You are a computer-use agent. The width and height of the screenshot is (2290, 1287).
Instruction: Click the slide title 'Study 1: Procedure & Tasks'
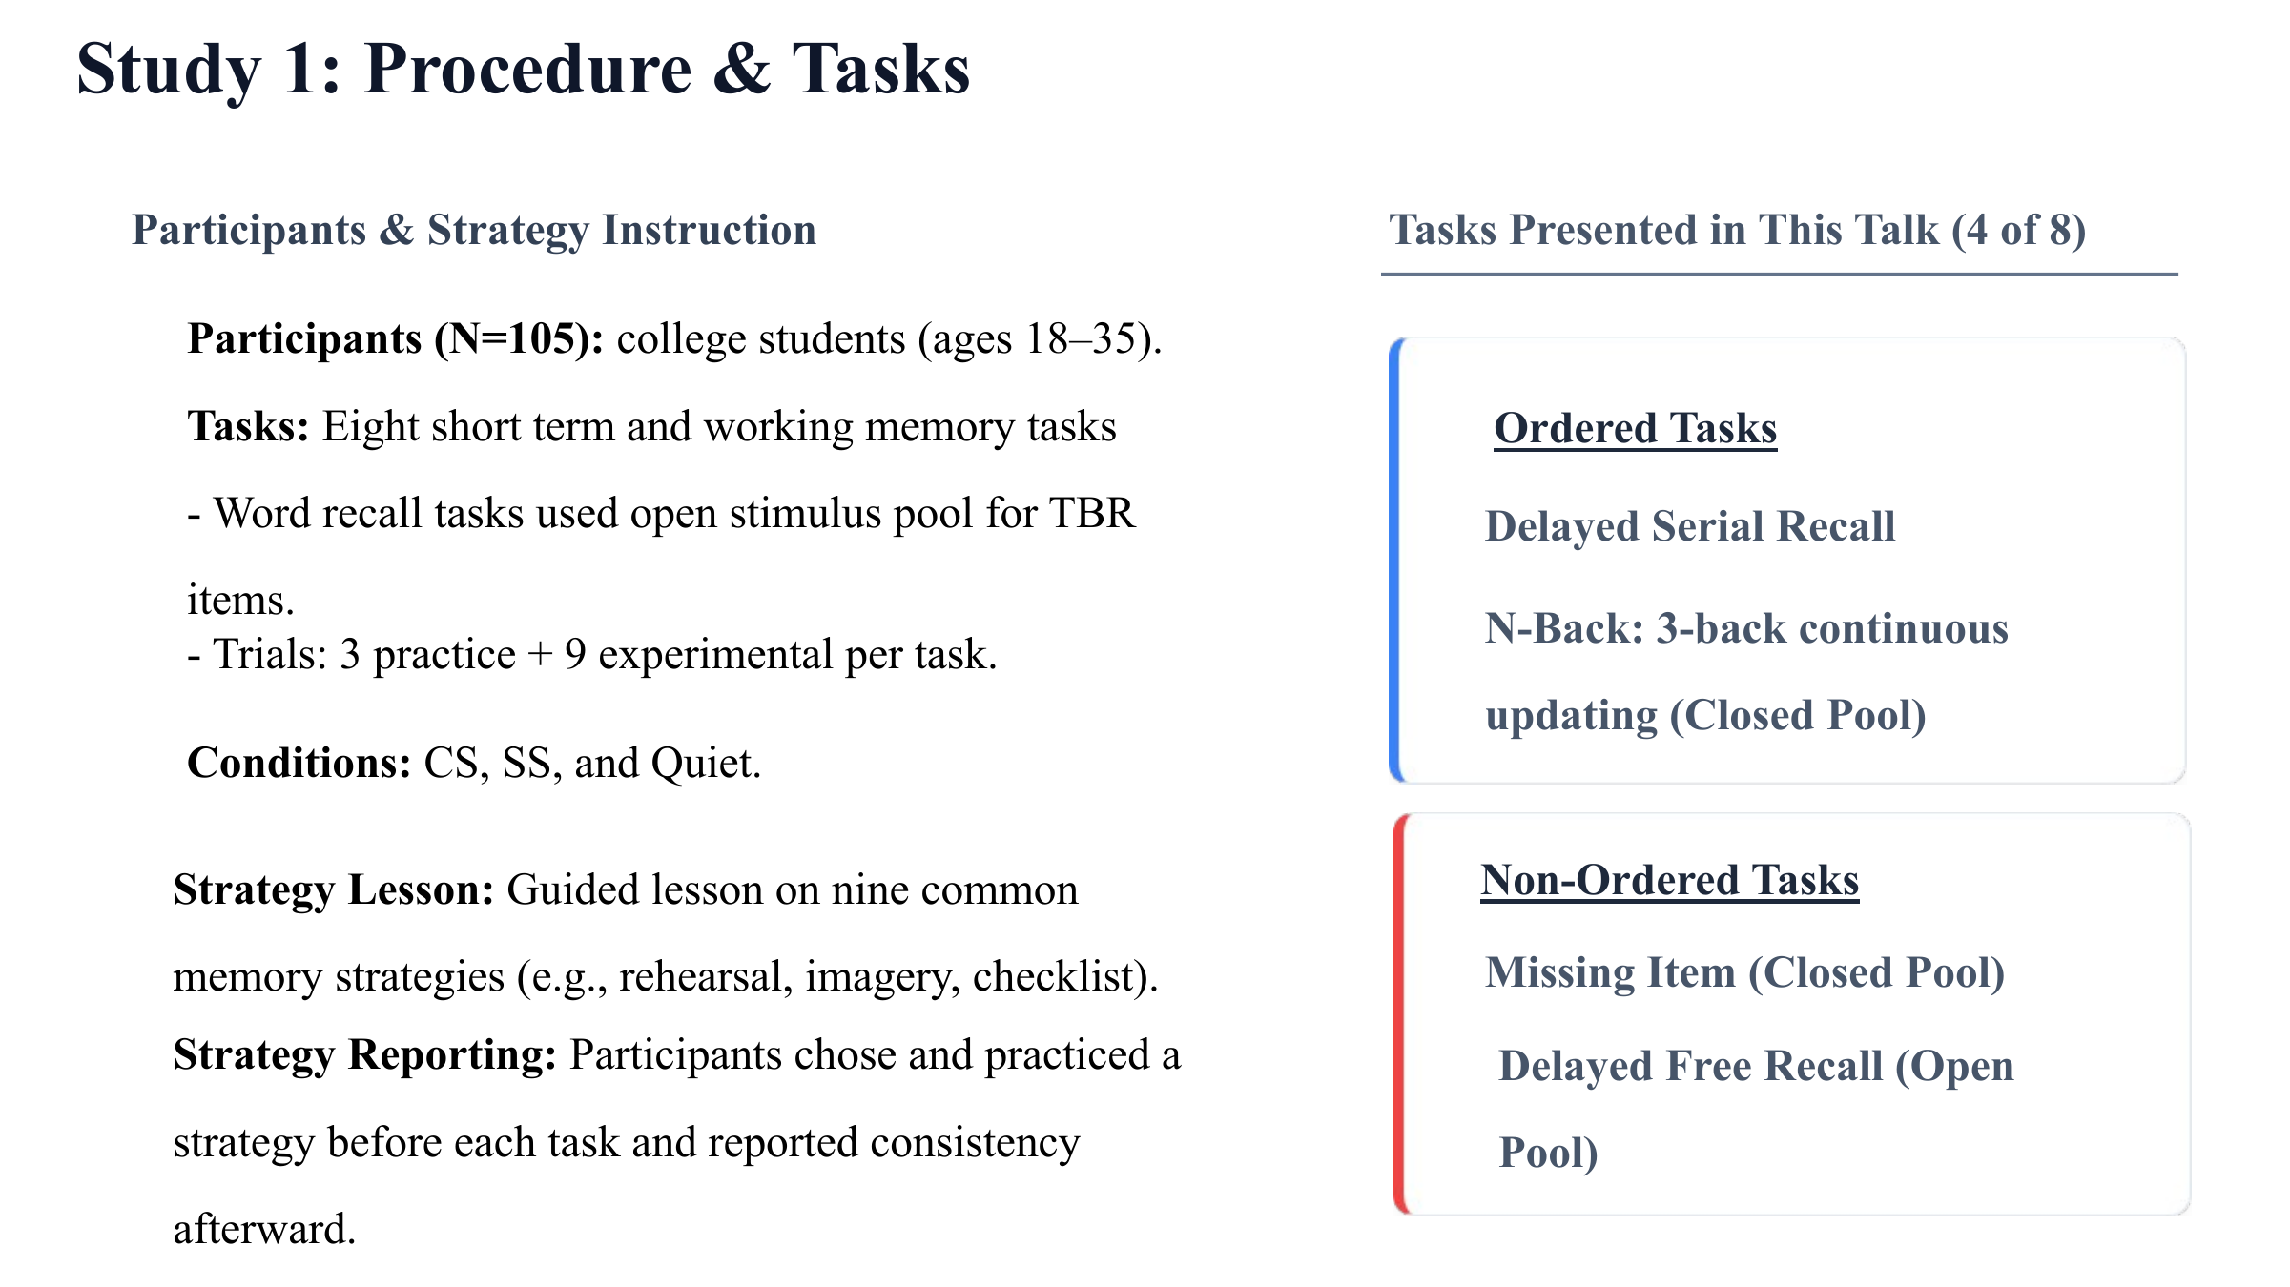pyautogui.click(x=523, y=70)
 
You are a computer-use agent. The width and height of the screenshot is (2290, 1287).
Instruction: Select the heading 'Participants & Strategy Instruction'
pyautogui.click(x=474, y=231)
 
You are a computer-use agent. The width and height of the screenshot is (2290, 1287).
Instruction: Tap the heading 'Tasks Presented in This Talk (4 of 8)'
pyautogui.click(x=1737, y=231)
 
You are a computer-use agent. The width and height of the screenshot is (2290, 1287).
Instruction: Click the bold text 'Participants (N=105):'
pyautogui.click(x=396, y=339)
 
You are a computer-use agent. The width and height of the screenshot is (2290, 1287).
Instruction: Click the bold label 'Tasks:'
pyautogui.click(x=248, y=426)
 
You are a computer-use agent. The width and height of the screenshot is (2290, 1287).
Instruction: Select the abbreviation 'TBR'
pyautogui.click(x=1092, y=514)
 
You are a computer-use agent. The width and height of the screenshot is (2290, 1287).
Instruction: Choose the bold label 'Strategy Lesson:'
pyautogui.click(x=334, y=890)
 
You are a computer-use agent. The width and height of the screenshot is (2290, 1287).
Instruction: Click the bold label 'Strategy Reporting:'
pyautogui.click(x=365, y=1055)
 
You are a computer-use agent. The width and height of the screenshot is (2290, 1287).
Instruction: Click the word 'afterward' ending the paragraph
pyautogui.click(x=258, y=1229)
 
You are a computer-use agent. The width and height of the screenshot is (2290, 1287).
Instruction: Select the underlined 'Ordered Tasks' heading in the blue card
pyautogui.click(x=1636, y=428)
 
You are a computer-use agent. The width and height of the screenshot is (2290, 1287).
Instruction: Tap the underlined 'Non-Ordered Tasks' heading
pyautogui.click(x=1670, y=880)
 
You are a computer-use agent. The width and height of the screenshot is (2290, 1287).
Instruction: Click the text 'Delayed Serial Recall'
pyautogui.click(x=1690, y=526)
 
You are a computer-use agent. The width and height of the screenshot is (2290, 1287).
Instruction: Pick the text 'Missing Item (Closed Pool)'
pyautogui.click(x=1745, y=973)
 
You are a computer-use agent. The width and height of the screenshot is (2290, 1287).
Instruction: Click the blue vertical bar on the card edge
pyautogui.click(x=1395, y=561)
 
